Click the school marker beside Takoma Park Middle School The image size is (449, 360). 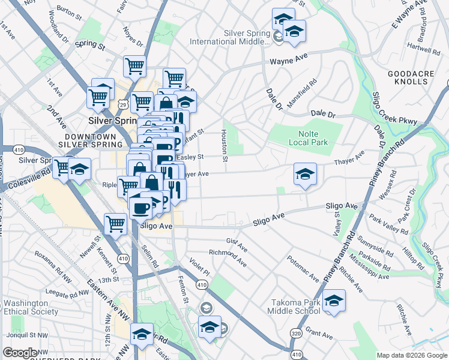click(334, 302)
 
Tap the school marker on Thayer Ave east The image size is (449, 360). click(305, 175)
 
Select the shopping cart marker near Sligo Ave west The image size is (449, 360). click(115, 224)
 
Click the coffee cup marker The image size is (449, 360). click(141, 208)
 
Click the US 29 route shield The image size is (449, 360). click(122, 104)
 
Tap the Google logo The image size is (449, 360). click(20, 353)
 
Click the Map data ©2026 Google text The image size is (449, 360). click(411, 355)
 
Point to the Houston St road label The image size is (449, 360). click(225, 146)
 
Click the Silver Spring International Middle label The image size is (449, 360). click(231, 37)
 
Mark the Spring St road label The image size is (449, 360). click(90, 44)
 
